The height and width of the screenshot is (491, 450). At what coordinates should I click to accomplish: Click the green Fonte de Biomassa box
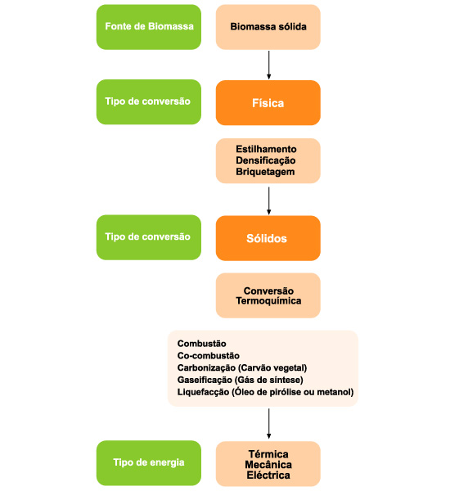(149, 27)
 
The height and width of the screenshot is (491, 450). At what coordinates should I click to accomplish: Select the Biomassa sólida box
(268, 27)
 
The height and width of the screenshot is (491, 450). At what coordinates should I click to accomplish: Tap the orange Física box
(268, 103)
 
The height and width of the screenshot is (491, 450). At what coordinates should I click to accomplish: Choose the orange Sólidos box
(268, 238)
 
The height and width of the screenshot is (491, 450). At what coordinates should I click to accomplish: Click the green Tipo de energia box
(149, 463)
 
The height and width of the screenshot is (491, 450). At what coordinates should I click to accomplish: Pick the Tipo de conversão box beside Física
(149, 101)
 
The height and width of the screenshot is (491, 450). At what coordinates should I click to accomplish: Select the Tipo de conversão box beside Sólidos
(149, 237)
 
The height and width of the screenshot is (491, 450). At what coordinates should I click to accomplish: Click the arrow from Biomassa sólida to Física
(268, 65)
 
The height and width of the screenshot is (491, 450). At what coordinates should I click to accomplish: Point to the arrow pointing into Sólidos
(268, 200)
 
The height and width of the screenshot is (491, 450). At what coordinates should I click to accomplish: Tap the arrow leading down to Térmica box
(268, 423)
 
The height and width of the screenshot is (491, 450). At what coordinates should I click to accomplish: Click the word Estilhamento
(266, 149)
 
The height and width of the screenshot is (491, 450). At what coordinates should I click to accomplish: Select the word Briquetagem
(265, 172)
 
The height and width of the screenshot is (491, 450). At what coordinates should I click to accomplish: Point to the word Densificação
(266, 160)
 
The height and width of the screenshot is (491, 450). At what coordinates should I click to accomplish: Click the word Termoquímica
(268, 301)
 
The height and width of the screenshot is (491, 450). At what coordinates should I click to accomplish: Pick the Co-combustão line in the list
(209, 356)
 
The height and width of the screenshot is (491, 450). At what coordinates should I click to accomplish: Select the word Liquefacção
(203, 392)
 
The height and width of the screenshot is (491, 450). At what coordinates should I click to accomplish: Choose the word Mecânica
(268, 465)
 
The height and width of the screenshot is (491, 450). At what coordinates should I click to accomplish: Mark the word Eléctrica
(268, 475)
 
